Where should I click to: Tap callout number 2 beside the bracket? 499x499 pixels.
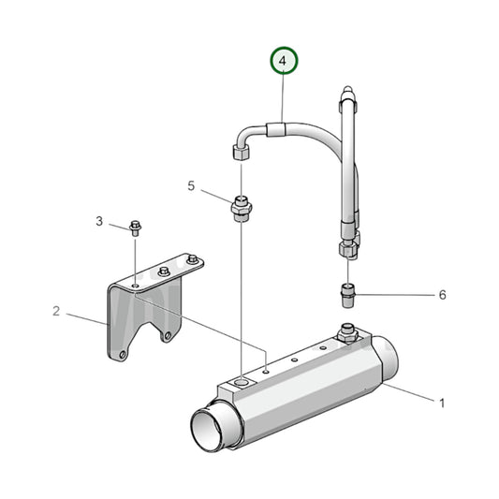(x=56, y=311)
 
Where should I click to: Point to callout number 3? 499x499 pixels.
(x=98, y=221)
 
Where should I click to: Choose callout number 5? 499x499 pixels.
(x=191, y=186)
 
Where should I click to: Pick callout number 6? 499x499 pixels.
(x=442, y=295)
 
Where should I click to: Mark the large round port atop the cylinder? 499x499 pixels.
(x=242, y=383)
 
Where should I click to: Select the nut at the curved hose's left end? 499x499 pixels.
(x=238, y=151)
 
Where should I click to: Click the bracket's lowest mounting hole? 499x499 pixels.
(x=118, y=355)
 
